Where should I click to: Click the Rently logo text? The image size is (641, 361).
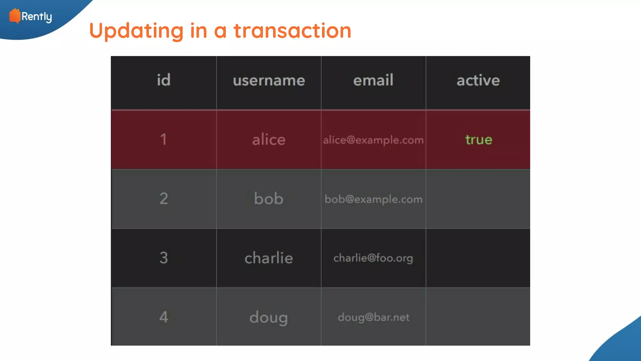click(x=37, y=17)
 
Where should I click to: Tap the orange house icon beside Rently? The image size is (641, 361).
click(x=14, y=16)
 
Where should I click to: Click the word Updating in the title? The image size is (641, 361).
click(x=136, y=31)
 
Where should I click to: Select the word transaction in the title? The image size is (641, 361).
click(x=292, y=31)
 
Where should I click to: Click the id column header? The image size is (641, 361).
click(x=164, y=80)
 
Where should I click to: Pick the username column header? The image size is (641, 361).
click(x=269, y=81)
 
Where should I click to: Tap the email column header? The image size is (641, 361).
click(x=373, y=80)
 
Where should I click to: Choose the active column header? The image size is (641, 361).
click(x=478, y=81)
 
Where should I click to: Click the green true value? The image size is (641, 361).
click(x=479, y=139)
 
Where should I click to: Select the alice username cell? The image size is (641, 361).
click(x=269, y=139)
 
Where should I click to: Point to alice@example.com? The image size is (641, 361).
click(x=373, y=140)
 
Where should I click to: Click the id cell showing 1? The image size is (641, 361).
click(x=163, y=139)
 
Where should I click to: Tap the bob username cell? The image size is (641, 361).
click(x=269, y=199)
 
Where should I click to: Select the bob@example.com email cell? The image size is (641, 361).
click(x=373, y=199)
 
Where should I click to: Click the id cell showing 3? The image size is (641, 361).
click(x=164, y=258)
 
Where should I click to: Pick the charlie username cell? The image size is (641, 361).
click(x=269, y=258)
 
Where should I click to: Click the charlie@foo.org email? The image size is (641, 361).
click(x=373, y=258)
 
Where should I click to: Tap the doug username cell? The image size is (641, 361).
click(x=269, y=317)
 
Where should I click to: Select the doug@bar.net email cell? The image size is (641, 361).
click(x=373, y=317)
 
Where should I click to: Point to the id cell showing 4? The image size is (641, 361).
click(x=164, y=317)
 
